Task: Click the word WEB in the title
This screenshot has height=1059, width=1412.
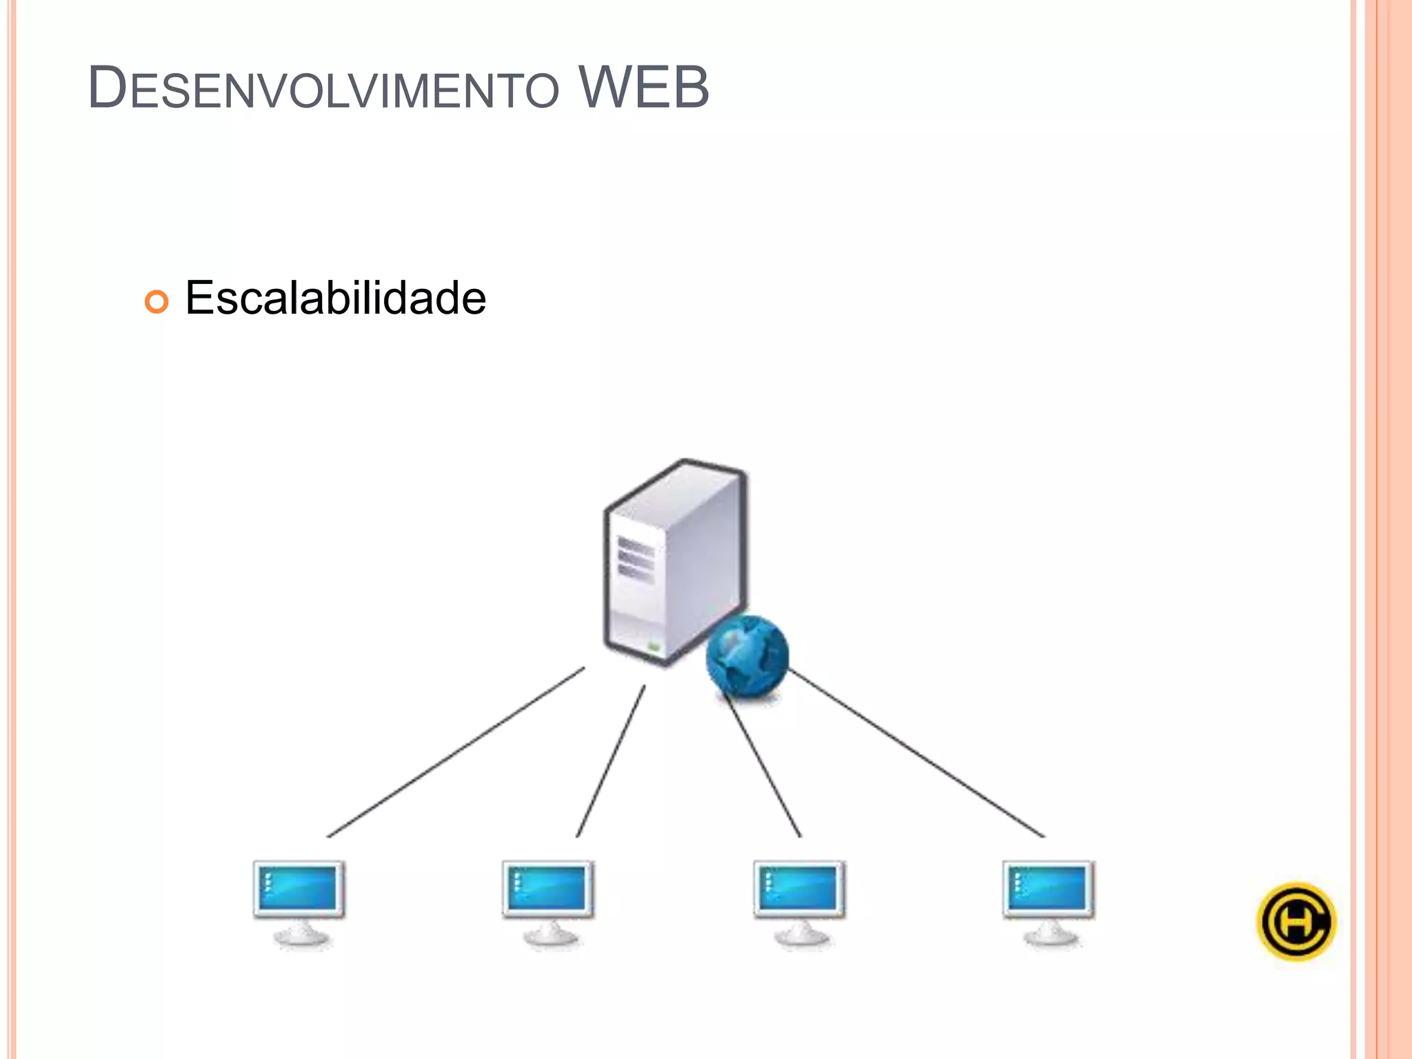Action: coord(643,88)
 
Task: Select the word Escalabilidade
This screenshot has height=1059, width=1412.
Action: coord(335,298)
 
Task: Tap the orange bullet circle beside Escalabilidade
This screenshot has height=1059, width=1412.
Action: coord(157,301)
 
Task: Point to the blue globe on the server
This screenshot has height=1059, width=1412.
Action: coord(747,656)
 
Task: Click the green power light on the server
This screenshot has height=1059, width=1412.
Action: coord(654,647)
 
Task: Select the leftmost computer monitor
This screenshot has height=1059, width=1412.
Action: coord(299,889)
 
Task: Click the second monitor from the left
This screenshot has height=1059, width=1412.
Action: coord(548,889)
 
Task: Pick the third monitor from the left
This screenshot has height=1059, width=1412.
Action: coord(799,889)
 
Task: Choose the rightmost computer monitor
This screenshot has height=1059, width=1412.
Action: coord(1049,889)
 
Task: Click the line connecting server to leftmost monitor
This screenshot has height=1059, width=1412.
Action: coord(455,752)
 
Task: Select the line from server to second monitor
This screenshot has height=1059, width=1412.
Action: coord(611,760)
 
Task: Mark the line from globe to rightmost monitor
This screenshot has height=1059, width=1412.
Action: coord(917,754)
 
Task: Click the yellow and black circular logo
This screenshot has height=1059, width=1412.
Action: coord(1296,922)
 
